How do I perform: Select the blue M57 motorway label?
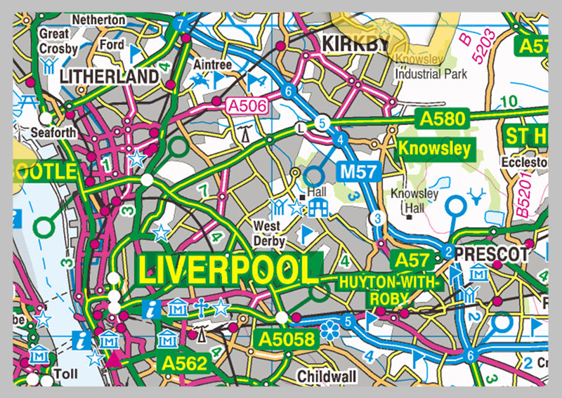click(x=360, y=171)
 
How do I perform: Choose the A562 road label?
click(x=183, y=363)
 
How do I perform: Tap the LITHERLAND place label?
click(x=108, y=75)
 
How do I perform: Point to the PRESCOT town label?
click(x=491, y=251)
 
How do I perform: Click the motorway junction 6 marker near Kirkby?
click(x=287, y=90)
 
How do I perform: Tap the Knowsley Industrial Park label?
click(x=431, y=67)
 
